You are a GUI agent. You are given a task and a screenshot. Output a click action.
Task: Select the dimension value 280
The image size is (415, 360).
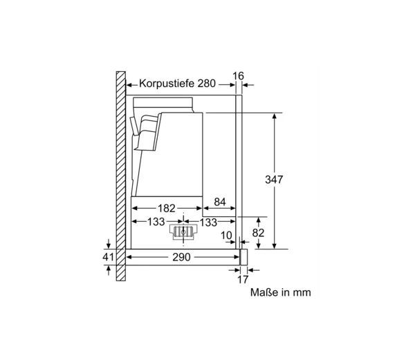(x=207, y=84)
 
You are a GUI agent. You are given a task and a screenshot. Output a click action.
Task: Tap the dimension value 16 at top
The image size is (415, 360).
(x=238, y=76)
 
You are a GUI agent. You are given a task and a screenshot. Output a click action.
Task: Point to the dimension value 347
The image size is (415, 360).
(x=274, y=180)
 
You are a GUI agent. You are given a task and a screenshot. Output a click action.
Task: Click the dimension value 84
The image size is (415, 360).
(x=220, y=202)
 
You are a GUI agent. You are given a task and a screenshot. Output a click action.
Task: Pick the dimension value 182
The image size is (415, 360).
(x=167, y=208)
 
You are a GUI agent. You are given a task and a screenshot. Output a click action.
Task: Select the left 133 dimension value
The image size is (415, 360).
(x=156, y=222)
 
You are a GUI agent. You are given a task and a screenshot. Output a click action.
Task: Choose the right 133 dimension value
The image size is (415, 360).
(x=208, y=222)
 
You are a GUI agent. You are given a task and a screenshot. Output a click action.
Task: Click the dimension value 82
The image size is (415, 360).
(x=258, y=233)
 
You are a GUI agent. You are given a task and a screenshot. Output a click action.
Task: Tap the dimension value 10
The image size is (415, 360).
(x=226, y=235)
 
